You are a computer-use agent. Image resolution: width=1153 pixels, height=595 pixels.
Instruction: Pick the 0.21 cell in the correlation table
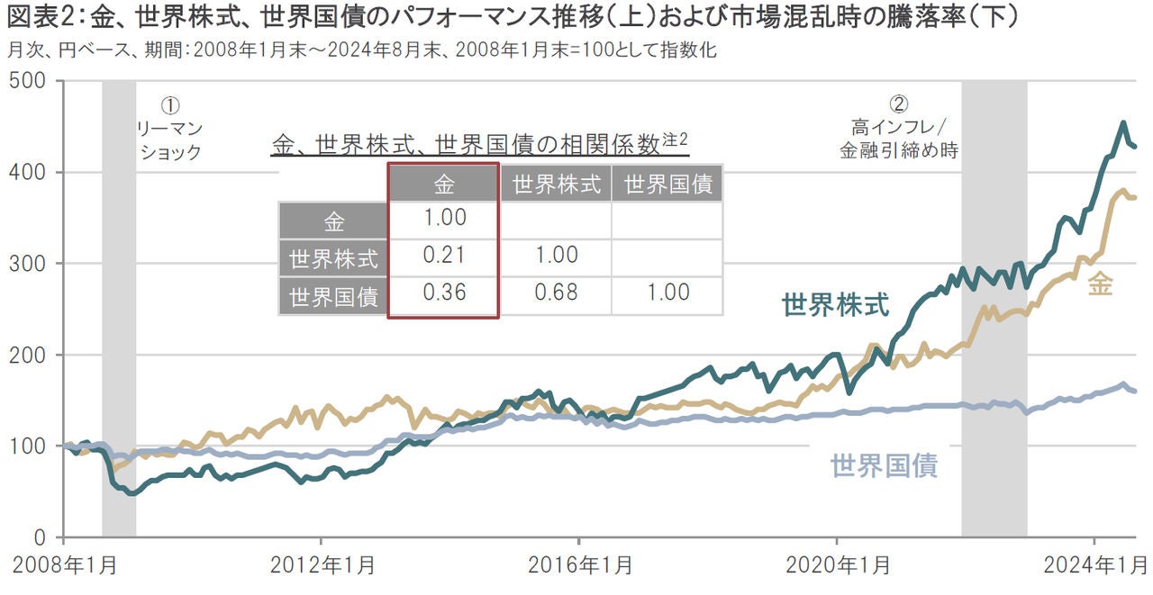click(443, 256)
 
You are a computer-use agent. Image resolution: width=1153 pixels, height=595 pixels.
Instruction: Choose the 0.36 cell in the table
click(443, 293)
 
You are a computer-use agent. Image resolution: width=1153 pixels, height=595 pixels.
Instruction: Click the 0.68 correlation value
click(555, 293)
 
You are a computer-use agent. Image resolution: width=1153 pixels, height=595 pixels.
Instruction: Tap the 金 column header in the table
click(443, 185)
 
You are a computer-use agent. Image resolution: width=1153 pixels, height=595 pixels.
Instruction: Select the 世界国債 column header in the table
click(667, 185)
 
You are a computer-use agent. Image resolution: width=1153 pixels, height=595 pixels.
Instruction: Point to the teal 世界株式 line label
click(835, 305)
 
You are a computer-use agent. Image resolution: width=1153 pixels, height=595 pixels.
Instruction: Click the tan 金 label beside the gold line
click(1100, 284)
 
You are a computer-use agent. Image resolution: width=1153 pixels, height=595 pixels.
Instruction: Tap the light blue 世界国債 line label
click(884, 465)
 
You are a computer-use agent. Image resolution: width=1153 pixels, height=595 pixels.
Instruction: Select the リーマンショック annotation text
click(169, 140)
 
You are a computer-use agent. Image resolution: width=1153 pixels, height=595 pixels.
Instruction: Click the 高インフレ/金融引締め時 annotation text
click(897, 139)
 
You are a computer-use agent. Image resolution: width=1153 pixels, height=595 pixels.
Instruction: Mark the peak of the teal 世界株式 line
click(1122, 122)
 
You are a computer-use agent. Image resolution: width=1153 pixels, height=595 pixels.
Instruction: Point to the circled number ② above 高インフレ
click(897, 103)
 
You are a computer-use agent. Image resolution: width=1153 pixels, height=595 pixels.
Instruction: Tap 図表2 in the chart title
click(36, 17)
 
